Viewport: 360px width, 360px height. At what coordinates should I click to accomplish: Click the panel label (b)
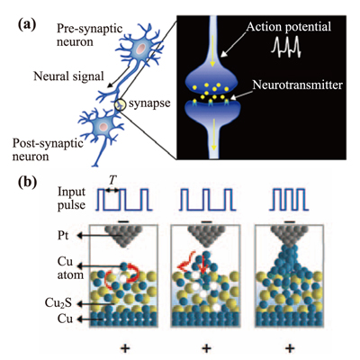click(x=27, y=182)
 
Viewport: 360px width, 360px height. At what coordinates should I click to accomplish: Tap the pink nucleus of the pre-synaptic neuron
click(x=140, y=48)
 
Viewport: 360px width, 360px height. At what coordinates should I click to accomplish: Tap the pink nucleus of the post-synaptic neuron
click(x=103, y=126)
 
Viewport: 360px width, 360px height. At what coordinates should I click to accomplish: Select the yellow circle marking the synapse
click(x=121, y=105)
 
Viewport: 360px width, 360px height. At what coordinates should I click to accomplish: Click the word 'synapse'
click(x=149, y=103)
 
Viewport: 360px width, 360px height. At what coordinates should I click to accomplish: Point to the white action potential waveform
click(x=286, y=47)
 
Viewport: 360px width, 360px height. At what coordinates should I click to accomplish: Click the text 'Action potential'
click(x=289, y=27)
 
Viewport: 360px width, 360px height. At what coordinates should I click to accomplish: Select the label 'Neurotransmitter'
click(x=297, y=85)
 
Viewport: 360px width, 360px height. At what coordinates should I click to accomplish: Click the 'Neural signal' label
click(x=68, y=76)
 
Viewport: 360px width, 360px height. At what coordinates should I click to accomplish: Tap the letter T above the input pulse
click(x=112, y=180)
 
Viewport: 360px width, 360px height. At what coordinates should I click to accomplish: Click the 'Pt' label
click(x=63, y=236)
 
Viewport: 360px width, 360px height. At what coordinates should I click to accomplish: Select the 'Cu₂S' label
click(x=58, y=303)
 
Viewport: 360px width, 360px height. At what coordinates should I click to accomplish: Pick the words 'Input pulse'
click(x=72, y=198)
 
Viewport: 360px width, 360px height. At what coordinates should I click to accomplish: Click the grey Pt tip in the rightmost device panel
click(x=289, y=236)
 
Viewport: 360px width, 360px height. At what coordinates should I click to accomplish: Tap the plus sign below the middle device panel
click(x=206, y=348)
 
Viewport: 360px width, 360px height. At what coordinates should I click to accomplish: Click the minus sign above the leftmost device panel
click(x=122, y=221)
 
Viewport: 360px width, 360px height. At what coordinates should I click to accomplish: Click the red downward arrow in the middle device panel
click(x=203, y=265)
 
